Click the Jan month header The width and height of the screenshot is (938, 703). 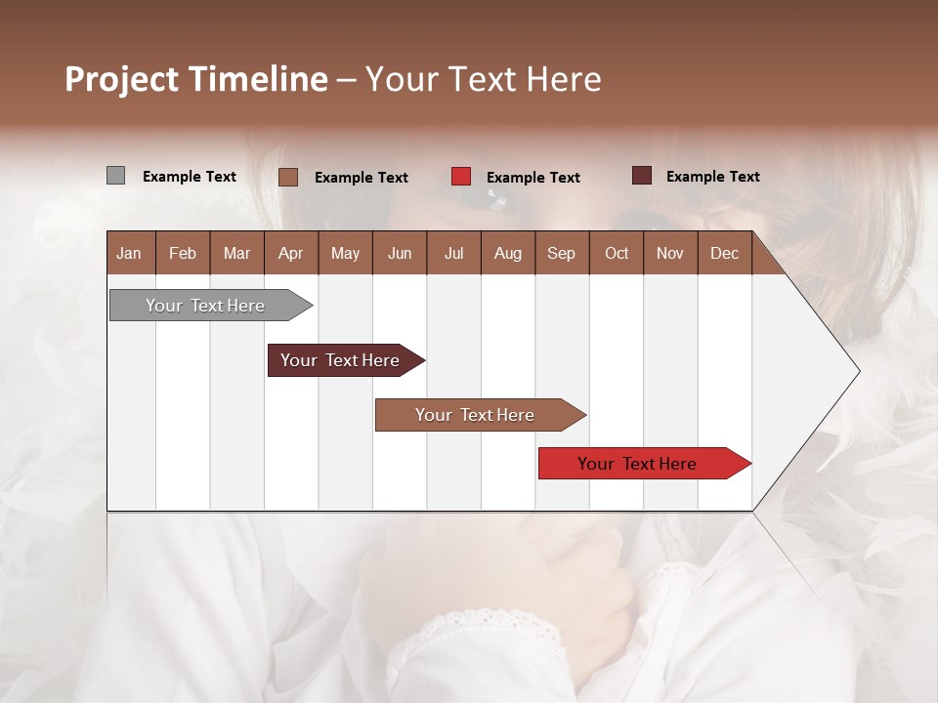click(130, 253)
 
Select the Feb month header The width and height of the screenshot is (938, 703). click(183, 253)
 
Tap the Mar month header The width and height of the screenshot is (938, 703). click(236, 253)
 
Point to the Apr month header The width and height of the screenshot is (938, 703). click(291, 253)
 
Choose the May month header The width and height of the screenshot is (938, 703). click(345, 253)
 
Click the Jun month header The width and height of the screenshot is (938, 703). click(400, 253)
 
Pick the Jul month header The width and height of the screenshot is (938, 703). click(453, 253)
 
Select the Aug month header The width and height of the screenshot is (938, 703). click(508, 253)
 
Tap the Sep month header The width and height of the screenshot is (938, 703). click(562, 253)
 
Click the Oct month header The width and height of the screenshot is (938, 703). click(617, 253)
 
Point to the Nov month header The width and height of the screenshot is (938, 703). click(670, 253)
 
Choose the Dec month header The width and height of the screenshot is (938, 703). click(725, 253)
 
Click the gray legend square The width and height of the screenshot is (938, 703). click(115, 176)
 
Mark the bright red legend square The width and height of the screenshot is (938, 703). click(461, 177)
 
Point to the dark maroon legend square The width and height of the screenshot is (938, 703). click(642, 176)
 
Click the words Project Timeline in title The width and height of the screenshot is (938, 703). click(196, 79)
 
